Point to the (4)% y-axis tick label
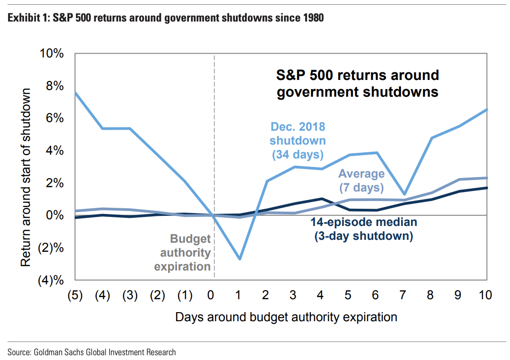click(x=52, y=280)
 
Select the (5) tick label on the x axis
click(x=75, y=295)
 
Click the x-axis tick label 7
click(x=403, y=295)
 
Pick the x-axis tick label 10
click(x=485, y=295)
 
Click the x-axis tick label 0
click(x=211, y=295)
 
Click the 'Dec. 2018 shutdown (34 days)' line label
click(x=298, y=141)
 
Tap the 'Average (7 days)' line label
click(x=362, y=180)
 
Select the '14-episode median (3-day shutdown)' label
click(x=364, y=229)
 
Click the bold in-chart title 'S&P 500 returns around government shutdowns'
click(x=357, y=83)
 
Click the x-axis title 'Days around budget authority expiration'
click(x=286, y=317)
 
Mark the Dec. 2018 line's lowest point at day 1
click(x=239, y=259)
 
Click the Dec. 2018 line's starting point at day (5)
click(x=75, y=92)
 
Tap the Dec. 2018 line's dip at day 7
click(x=404, y=194)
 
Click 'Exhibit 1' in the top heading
click(x=24, y=18)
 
